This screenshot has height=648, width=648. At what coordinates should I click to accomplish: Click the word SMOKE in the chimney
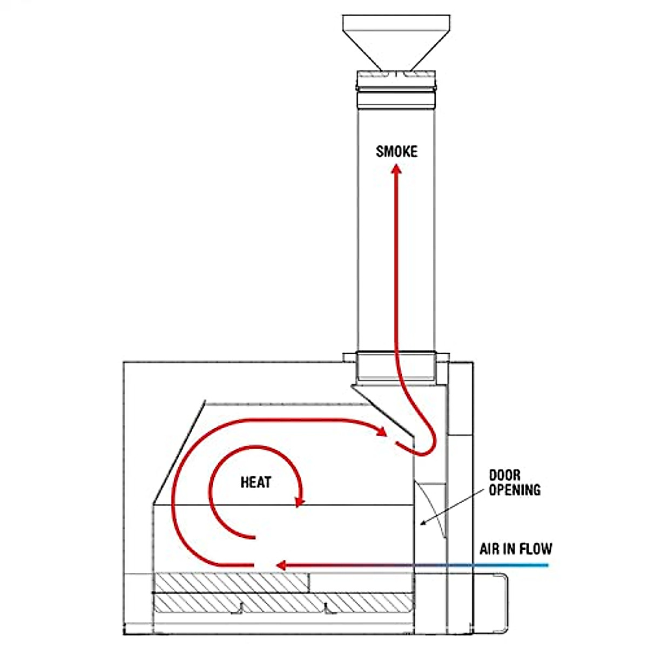(396, 152)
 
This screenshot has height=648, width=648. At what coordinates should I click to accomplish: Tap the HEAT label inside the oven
(256, 482)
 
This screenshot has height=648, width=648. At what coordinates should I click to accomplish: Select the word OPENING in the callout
(514, 490)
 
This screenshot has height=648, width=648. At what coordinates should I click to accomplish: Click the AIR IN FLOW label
(516, 549)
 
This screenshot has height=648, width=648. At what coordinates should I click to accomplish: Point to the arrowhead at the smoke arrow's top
(396, 170)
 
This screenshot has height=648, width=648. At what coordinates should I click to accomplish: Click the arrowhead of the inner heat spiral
(299, 502)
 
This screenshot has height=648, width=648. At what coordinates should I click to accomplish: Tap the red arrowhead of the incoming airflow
(280, 565)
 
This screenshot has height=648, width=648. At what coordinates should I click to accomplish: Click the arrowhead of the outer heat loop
(383, 433)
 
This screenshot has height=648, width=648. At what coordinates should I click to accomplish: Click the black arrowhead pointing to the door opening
(424, 522)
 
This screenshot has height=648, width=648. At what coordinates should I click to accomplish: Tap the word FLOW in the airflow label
(536, 549)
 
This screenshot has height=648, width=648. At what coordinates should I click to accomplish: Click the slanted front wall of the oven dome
(178, 451)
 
